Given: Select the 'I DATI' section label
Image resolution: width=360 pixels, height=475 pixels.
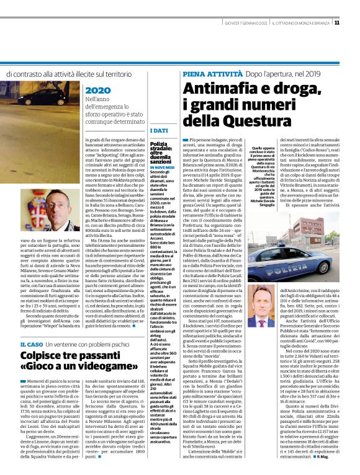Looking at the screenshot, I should pyautogui.click(x=159, y=131).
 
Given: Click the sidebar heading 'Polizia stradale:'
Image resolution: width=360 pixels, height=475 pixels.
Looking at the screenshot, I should pyautogui.click(x=163, y=147).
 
